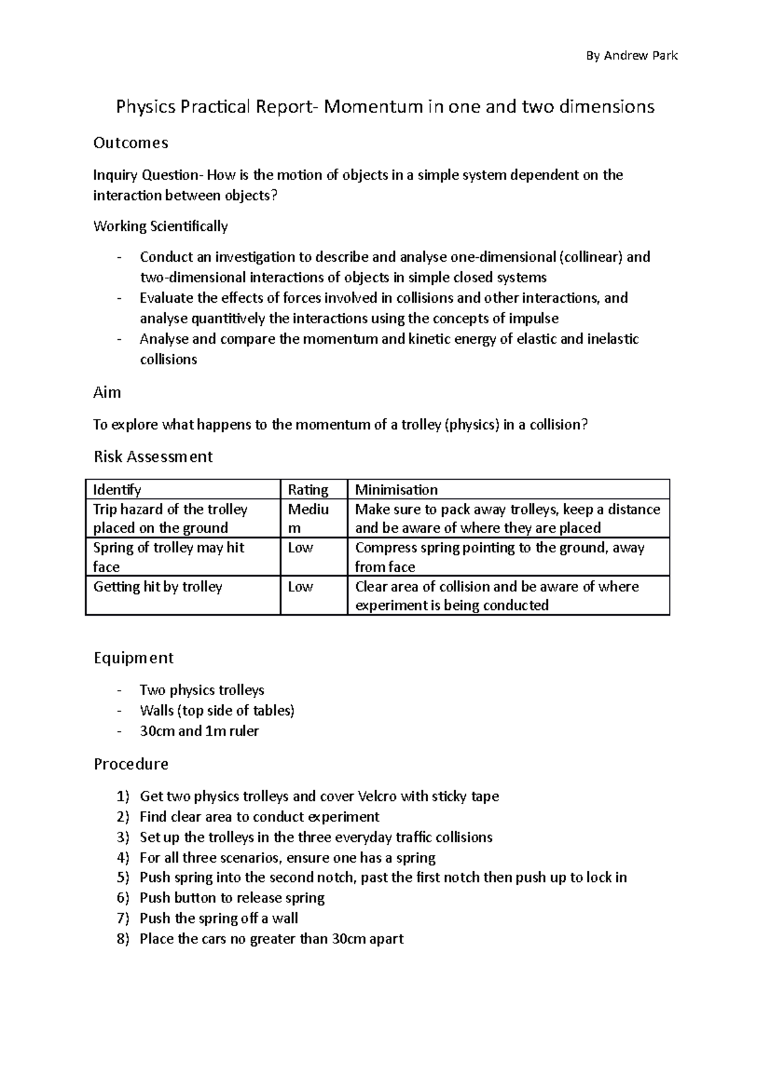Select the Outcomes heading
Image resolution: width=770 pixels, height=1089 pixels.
click(x=131, y=143)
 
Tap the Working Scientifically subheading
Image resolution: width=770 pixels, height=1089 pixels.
click(x=160, y=226)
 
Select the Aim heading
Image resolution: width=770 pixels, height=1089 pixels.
click(x=107, y=393)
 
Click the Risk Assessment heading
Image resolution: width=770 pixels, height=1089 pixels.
click(x=153, y=457)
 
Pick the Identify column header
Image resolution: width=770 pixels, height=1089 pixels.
click(x=117, y=490)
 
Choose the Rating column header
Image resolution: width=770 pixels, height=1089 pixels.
click(x=308, y=490)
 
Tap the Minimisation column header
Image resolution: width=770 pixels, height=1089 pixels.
click(x=397, y=490)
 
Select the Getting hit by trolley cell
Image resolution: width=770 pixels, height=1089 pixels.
click(x=158, y=587)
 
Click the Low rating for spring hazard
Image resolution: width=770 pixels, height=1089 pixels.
click(x=300, y=548)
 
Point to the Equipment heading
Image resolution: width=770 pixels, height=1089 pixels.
click(x=133, y=658)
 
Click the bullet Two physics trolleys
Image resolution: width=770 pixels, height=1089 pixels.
click(x=202, y=691)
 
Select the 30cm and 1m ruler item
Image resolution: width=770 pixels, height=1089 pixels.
click(x=199, y=731)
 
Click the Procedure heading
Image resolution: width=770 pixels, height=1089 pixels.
click(x=131, y=764)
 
